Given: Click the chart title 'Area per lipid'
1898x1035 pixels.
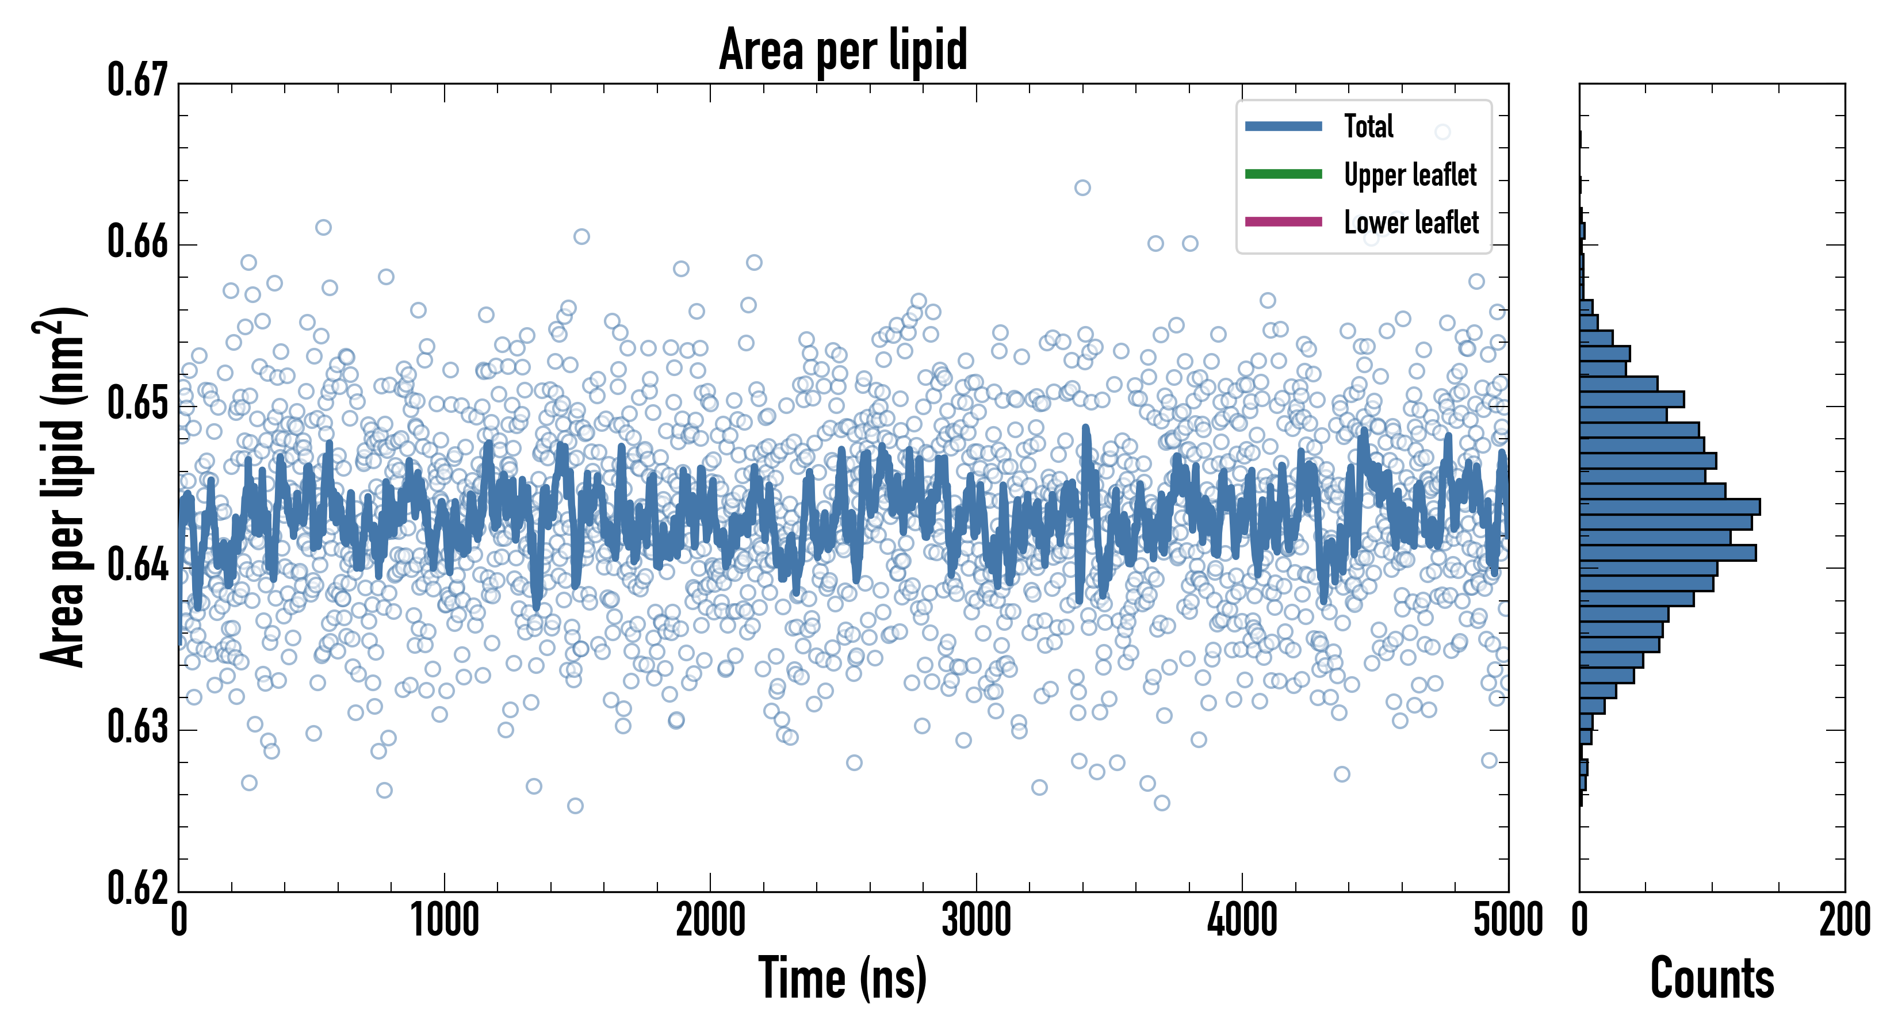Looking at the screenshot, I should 843,50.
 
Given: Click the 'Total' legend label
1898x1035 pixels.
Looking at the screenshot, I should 1368,126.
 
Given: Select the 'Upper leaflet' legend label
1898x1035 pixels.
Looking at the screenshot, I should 1410,175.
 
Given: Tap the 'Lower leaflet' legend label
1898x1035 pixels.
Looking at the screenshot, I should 1411,223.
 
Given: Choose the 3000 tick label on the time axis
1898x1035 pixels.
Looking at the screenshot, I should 976,921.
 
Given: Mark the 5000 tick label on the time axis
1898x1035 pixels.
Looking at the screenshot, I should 1507,921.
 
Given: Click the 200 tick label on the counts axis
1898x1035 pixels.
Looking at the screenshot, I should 1844,921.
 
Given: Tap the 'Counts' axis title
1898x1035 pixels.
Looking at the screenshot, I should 1712,978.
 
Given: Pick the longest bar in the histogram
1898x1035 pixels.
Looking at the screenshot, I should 1670,507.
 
